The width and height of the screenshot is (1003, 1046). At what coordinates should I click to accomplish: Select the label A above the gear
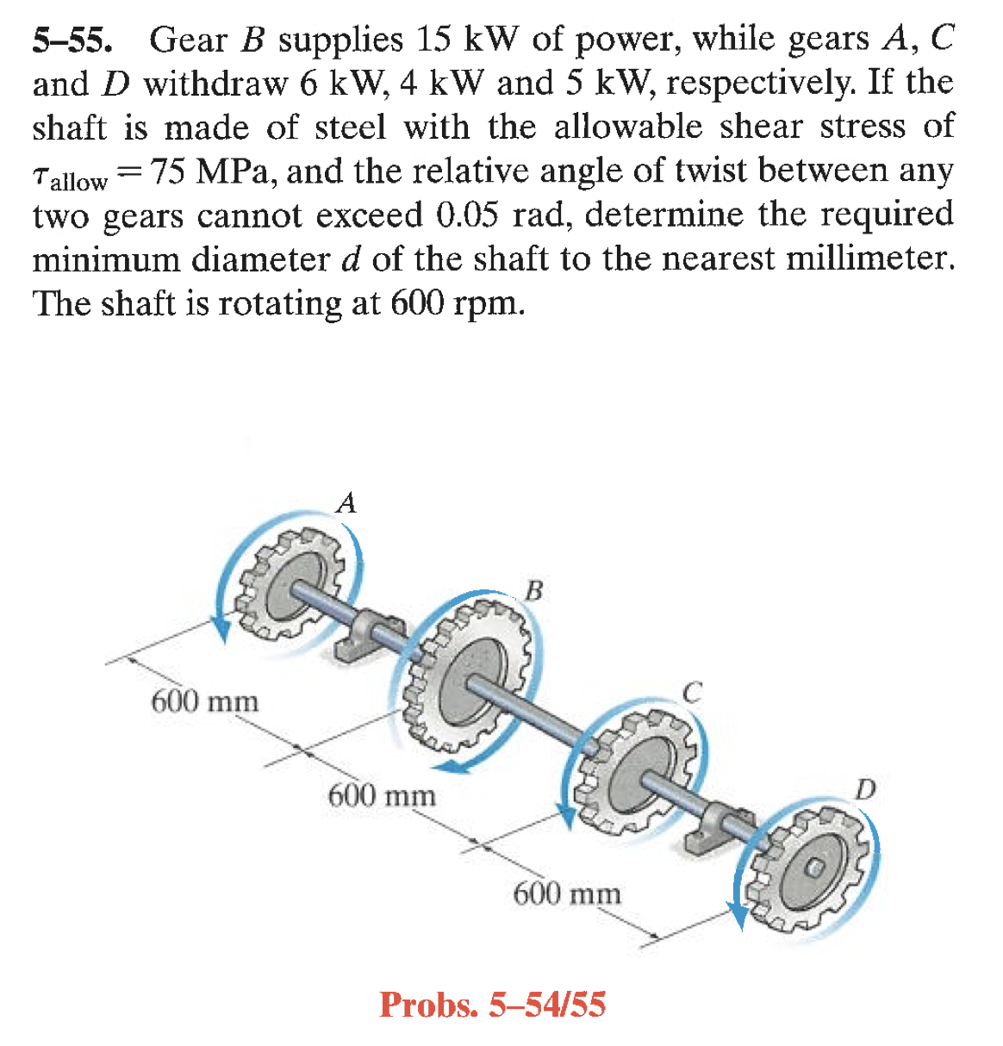point(346,502)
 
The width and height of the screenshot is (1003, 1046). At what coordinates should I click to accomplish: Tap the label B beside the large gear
point(534,591)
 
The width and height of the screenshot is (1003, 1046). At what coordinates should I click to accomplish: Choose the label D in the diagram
point(866,788)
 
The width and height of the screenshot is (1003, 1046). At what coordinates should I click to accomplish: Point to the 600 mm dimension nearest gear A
point(205,701)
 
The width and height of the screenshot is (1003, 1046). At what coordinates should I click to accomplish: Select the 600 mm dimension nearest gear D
point(567,893)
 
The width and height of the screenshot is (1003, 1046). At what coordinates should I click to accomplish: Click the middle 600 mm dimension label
point(382,794)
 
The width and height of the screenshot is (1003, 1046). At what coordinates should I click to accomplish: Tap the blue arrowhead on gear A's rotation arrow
point(221,632)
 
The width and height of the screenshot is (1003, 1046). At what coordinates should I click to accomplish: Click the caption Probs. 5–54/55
point(492,1005)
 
